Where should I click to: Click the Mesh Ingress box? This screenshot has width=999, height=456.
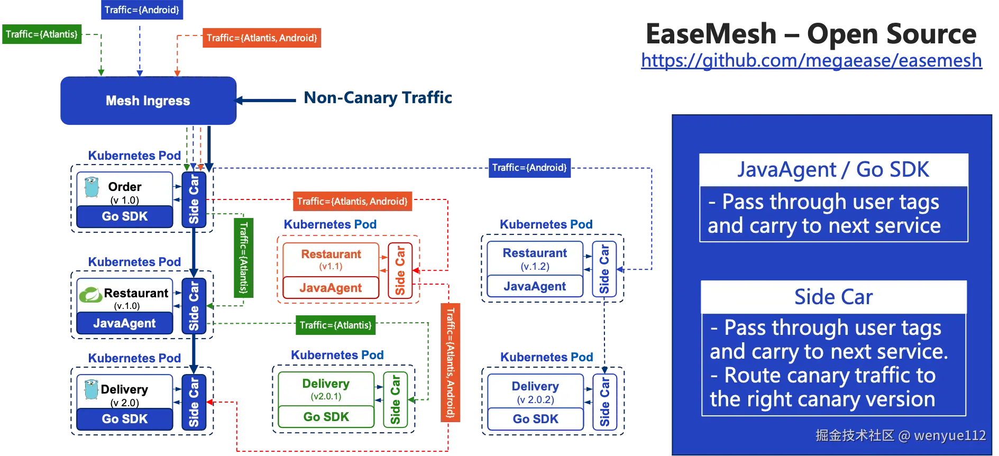(148, 101)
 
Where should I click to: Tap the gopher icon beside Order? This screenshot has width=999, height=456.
(91, 187)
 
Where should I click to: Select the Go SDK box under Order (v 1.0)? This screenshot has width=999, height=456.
(125, 216)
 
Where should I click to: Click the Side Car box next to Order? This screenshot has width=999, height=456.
(194, 199)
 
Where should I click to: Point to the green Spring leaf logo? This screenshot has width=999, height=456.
(90, 294)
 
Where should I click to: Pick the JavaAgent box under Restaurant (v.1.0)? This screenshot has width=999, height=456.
(125, 323)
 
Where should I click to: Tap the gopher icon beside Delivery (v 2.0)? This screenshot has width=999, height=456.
(91, 389)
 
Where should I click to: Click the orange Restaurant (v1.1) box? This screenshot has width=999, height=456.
(331, 259)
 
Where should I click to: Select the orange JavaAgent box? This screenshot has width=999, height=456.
(331, 288)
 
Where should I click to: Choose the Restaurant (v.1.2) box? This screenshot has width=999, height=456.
(535, 259)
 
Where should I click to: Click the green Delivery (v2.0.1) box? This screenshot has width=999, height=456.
(326, 389)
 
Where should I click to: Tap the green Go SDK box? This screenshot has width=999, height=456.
(326, 417)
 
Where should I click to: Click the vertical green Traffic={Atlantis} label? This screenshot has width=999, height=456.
(243, 258)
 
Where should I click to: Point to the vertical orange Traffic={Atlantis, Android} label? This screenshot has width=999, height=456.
(450, 362)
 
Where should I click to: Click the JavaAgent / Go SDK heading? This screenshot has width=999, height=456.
(833, 170)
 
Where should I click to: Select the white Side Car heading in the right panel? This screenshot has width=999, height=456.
(833, 297)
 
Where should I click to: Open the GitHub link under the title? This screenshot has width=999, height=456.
(811, 61)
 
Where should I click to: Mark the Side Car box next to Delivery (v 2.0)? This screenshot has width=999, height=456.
(194, 402)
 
